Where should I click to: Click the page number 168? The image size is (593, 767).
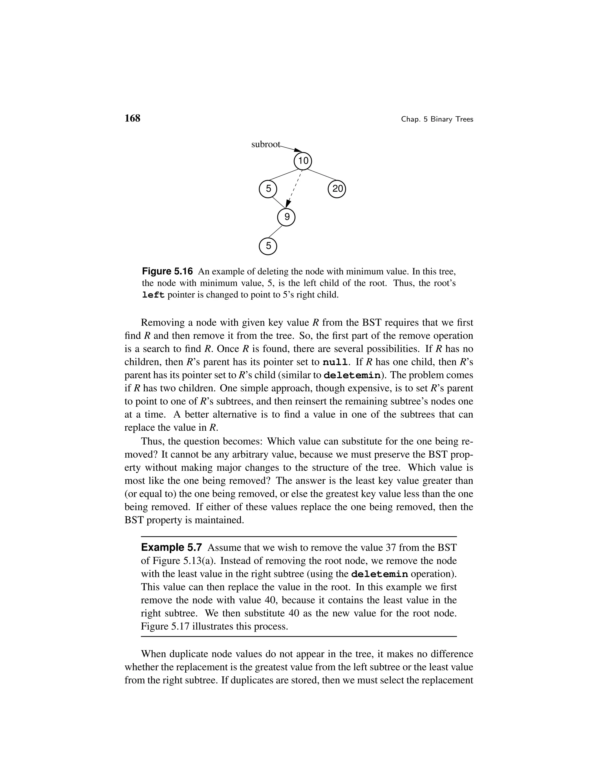pos(132,118)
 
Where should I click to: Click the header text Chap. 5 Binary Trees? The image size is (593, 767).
pos(437,120)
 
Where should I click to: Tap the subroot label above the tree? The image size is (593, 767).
pos(266,144)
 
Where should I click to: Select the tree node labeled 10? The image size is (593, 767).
pos(303,161)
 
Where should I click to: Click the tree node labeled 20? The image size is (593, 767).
pos(337,189)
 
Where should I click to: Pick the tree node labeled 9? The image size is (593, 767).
pos(286,217)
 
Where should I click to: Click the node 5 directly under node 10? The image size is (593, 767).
pos(268,189)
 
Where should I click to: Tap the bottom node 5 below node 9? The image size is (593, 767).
pos(268,246)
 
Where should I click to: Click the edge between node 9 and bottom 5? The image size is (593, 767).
pos(275,232)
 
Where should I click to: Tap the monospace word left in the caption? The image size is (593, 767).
pos(153,295)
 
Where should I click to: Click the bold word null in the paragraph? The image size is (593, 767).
pos(336,362)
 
